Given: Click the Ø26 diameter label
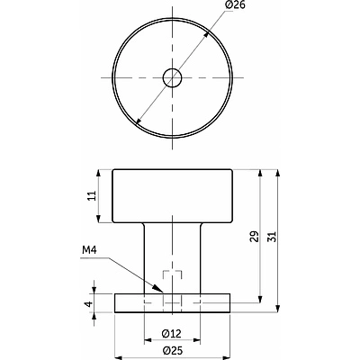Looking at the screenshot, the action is click(235, 4).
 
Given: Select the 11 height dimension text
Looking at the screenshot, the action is click(93, 195).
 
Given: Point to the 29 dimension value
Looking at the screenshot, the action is click(254, 236).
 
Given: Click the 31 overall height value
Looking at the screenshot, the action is click(272, 236).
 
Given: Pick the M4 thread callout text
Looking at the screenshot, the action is click(89, 249).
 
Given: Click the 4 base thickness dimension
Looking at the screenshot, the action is click(88, 303).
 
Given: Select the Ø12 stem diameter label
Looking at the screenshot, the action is click(171, 333).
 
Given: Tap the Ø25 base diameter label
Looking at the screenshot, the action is click(172, 350).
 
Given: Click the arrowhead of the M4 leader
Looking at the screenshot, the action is click(159, 289).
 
